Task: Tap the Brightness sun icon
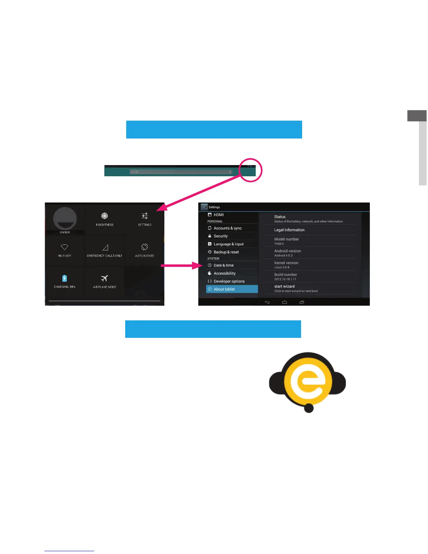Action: (x=105, y=216)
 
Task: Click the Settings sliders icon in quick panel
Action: (x=145, y=216)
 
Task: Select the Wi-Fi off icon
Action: (x=65, y=247)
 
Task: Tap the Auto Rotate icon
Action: (x=145, y=247)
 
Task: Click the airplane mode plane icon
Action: (x=105, y=278)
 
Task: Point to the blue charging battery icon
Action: (x=65, y=278)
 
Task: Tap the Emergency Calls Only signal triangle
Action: (x=105, y=248)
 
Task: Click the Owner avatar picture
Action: (x=65, y=219)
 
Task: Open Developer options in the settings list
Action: (x=229, y=281)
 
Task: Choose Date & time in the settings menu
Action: (x=224, y=265)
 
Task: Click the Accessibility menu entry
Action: (x=224, y=274)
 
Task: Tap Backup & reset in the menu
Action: (x=226, y=252)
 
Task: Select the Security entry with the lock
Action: (x=221, y=236)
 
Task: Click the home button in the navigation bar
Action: (x=285, y=302)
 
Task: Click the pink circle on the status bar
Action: (x=250, y=170)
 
